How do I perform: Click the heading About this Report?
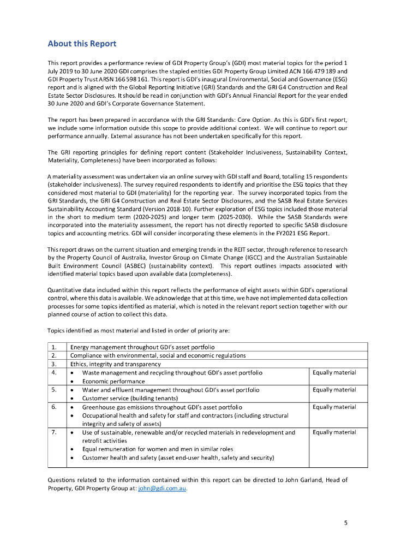click(82, 44)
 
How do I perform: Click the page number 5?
click(345, 522)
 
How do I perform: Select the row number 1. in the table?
click(54, 347)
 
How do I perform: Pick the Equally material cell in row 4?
click(334, 373)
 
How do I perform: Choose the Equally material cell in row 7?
click(334, 432)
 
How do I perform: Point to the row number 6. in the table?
click(54, 407)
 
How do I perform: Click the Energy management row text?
click(142, 347)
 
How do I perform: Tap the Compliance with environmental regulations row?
click(158, 355)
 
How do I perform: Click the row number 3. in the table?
click(54, 364)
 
